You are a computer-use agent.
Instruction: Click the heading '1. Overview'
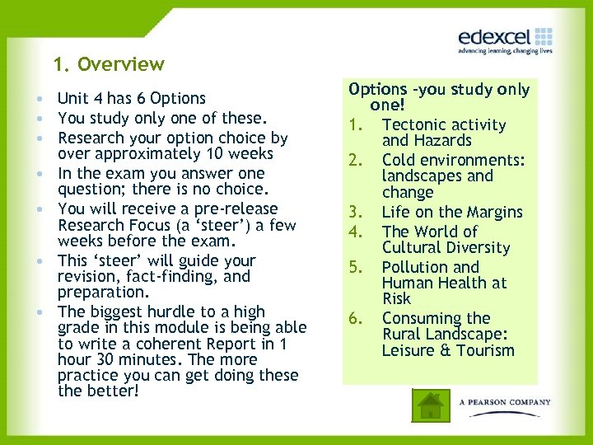click(109, 64)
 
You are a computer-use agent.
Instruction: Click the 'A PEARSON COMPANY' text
click(504, 402)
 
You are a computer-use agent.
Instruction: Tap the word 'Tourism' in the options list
click(486, 350)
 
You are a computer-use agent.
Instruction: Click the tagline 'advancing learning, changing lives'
click(505, 51)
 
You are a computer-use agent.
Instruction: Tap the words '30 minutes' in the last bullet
click(128, 360)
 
